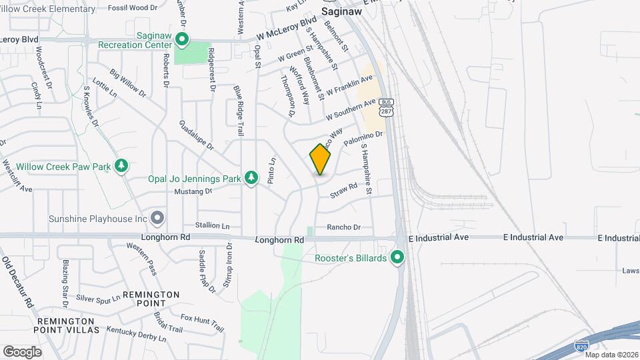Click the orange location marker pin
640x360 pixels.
pyautogui.click(x=320, y=159)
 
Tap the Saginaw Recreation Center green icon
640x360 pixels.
pyautogui.click(x=182, y=39)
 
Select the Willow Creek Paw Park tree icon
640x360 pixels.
pyautogui.click(x=121, y=165)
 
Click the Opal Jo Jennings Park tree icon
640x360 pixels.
pyautogui.click(x=251, y=178)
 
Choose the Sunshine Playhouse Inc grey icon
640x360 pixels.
pyautogui.click(x=157, y=217)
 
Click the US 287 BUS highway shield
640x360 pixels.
pyautogui.click(x=385, y=108)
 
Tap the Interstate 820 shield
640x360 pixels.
pyautogui.click(x=581, y=346)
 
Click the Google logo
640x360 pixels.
pyautogui.click(x=22, y=351)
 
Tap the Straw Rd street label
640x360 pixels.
pyautogui.click(x=344, y=190)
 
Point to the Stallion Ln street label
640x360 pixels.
pyautogui.click(x=212, y=226)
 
